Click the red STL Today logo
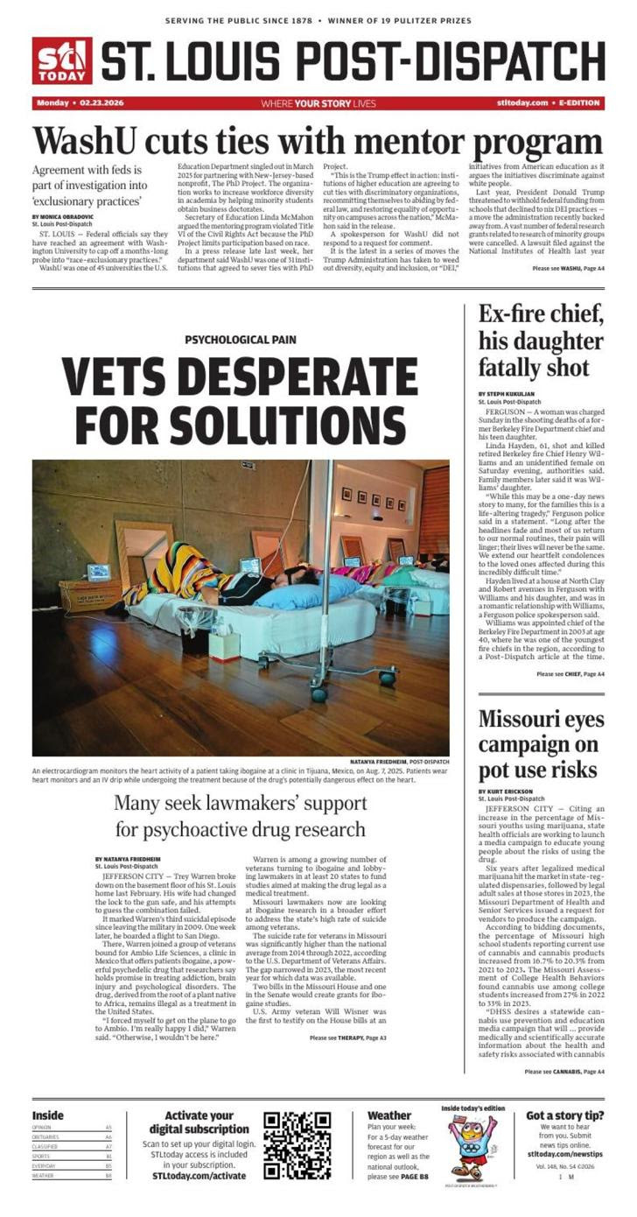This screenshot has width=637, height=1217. [61, 61]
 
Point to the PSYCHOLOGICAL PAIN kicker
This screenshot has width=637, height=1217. [240, 340]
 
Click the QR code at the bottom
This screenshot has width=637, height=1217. [297, 1145]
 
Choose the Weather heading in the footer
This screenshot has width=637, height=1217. [389, 1115]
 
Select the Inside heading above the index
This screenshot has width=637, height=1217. [48, 1115]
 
